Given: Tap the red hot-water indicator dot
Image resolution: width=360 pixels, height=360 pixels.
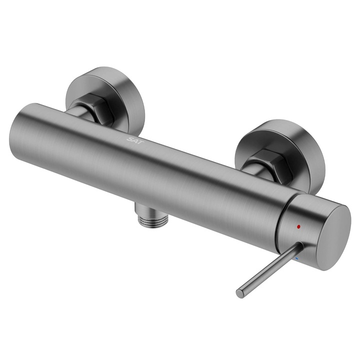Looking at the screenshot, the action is (298, 227).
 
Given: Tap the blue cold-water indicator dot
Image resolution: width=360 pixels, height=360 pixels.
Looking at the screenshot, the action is (296, 258).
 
